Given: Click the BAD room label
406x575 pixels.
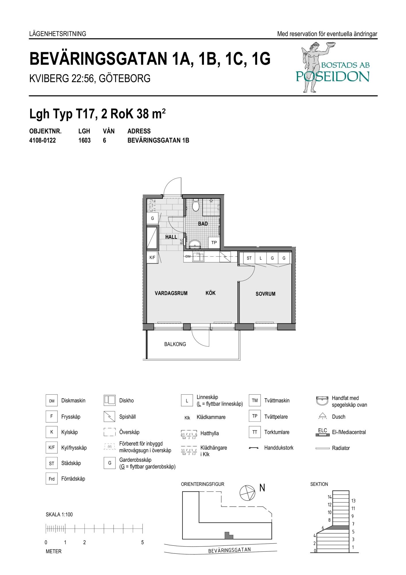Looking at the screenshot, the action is click(203, 224).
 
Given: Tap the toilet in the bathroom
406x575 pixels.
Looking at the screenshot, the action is click(196, 205).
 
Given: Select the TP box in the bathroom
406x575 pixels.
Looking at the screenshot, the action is click(214, 242).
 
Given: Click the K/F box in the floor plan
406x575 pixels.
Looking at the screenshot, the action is click(152, 258).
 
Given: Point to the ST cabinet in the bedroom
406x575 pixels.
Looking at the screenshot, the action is click(249, 258).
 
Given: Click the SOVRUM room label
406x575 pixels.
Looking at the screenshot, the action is click(265, 294).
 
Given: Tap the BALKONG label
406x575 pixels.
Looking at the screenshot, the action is click(175, 344).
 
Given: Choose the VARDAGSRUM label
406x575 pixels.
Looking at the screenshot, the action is click(171, 293).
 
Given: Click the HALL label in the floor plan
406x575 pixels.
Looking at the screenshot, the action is click(171, 237).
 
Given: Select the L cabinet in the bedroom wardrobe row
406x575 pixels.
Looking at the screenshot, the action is click(261, 258).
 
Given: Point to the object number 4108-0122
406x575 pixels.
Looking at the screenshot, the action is click(43, 141).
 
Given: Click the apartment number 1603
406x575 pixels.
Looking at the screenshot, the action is click(84, 141).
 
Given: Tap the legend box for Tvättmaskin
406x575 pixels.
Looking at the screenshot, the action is click(255, 400).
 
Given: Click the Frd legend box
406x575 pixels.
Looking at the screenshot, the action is click(51, 479).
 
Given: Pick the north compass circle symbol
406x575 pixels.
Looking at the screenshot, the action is click(247, 493).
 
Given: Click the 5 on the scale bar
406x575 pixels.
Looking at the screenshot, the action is click(143, 543).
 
